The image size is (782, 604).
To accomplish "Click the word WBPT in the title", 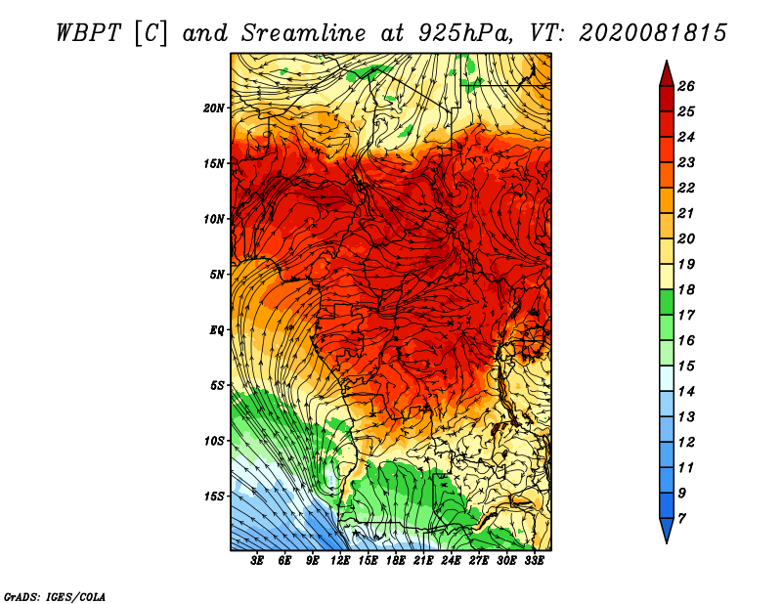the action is [88, 33].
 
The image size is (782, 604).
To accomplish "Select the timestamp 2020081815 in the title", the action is [653, 33].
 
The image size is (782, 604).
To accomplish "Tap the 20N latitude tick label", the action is [213, 108].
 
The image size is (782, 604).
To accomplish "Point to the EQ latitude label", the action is [216, 330].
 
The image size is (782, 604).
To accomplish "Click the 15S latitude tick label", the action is [213, 496].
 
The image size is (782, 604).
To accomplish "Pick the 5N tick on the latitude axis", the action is [216, 275].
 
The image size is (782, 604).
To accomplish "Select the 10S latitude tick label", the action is [213, 441].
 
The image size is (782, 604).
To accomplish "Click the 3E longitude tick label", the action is [257, 561].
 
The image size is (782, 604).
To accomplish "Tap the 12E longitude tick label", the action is [339, 561].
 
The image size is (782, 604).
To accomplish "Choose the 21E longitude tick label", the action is [423, 561].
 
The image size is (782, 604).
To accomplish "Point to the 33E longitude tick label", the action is [534, 561].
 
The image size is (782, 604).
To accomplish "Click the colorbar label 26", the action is [686, 86].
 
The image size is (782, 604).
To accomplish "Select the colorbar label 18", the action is [686, 289].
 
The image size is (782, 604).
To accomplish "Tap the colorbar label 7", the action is [681, 519].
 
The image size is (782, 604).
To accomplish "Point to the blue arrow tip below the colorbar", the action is [667, 529].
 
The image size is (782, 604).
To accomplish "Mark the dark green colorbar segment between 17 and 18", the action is [667, 302].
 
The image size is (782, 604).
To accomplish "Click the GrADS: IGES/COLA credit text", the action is [55, 597].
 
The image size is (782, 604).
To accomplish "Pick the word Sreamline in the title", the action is [304, 33].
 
